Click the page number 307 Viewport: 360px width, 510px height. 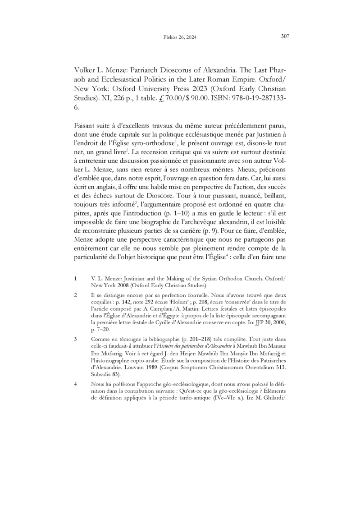pos(284,36)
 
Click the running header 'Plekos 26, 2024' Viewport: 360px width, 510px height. pos(179,38)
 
